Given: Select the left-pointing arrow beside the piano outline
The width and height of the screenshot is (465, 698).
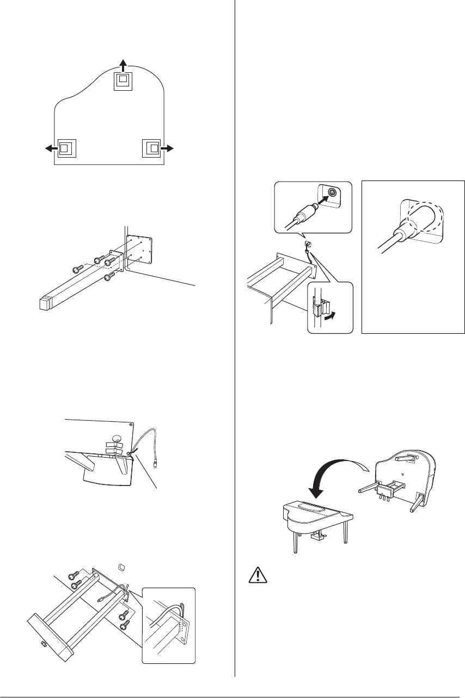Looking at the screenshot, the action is click(x=50, y=147).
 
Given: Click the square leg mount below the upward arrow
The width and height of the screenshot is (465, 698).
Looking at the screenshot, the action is click(x=123, y=81).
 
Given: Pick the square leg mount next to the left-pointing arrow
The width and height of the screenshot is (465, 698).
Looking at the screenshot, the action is click(x=65, y=147).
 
